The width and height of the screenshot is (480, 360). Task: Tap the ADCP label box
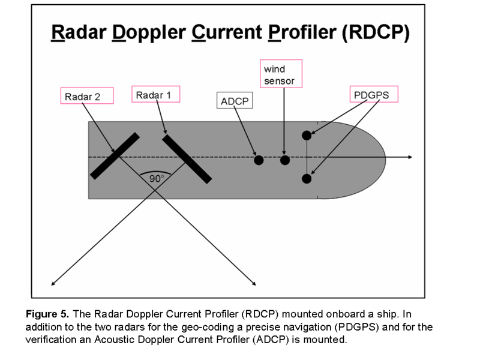pyautogui.click(x=235, y=100)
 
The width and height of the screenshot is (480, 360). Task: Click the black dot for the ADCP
pyautogui.click(x=259, y=160)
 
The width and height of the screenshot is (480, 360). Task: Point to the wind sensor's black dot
pyautogui.click(x=285, y=160)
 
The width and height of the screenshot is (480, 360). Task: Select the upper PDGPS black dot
pyautogui.click(x=307, y=135)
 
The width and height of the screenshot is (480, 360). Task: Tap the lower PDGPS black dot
pyautogui.click(x=307, y=178)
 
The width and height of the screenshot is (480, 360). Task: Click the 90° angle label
pyautogui.click(x=156, y=178)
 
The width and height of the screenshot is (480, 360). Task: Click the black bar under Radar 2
pyautogui.click(x=115, y=156)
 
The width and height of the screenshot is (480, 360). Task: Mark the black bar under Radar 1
pyautogui.click(x=187, y=157)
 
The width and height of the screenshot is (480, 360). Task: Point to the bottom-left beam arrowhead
pyautogui.click(x=53, y=283)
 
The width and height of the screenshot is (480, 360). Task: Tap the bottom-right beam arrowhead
pyautogui.click(x=255, y=282)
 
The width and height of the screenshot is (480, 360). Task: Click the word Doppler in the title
pyautogui.click(x=145, y=32)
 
